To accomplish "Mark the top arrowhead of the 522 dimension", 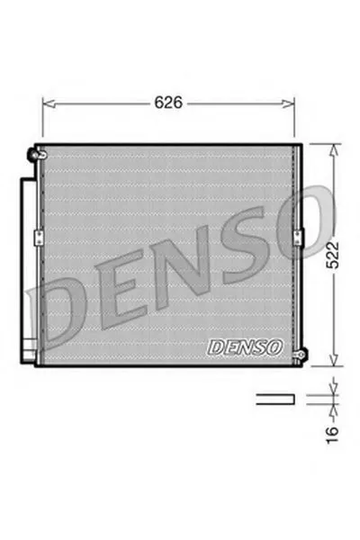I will click(334, 146).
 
